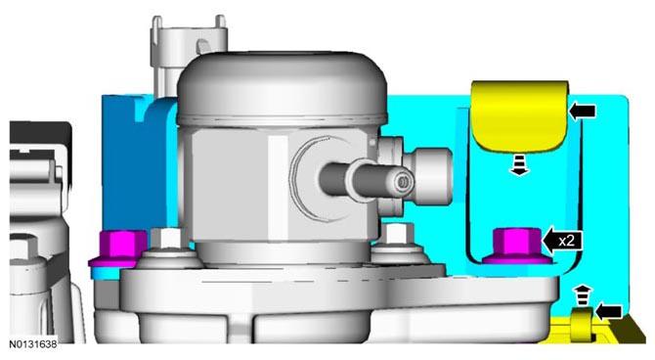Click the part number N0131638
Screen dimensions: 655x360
(x=33, y=344)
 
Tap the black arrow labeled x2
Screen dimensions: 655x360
(x=562, y=242)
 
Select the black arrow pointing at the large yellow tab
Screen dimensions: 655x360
(x=582, y=112)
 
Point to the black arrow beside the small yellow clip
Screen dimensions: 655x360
(x=609, y=312)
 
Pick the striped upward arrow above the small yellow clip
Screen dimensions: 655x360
(x=583, y=295)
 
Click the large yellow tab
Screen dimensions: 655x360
(x=520, y=115)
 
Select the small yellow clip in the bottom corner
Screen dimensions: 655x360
(x=582, y=325)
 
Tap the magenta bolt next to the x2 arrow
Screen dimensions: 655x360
(x=517, y=246)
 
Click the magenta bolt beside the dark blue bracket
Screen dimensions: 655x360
(x=118, y=248)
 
